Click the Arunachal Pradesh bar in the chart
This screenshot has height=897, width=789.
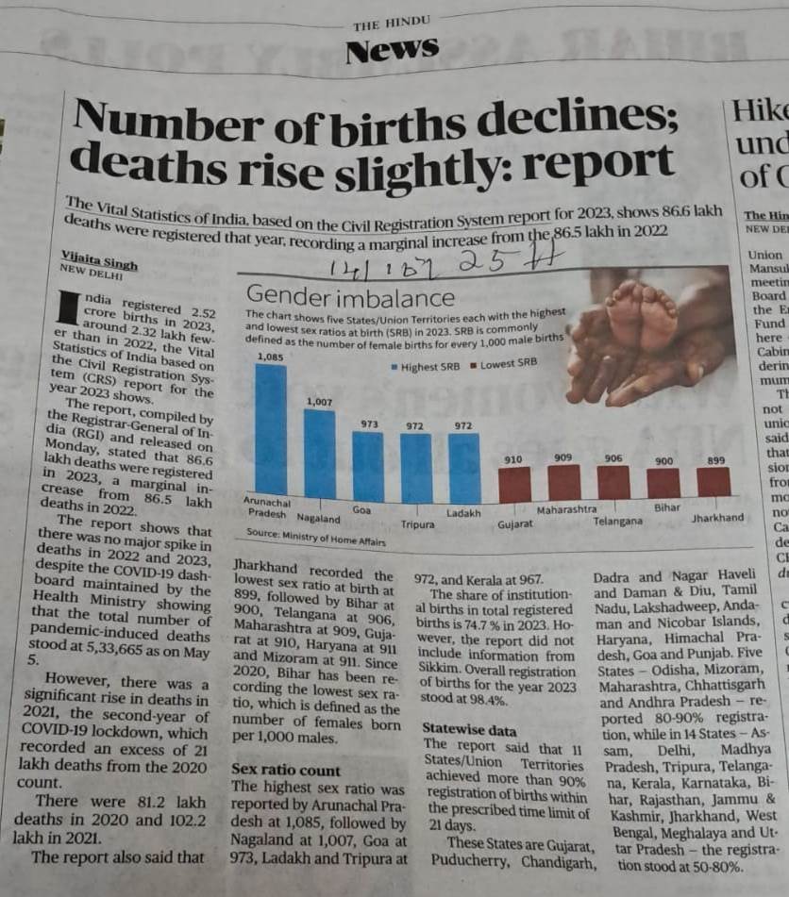pos(271,429)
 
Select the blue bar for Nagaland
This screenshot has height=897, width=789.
pos(319,453)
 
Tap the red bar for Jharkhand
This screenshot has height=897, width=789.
pos(713,482)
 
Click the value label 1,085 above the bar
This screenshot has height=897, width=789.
pos(270,357)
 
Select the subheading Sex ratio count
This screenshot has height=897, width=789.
pos(286,770)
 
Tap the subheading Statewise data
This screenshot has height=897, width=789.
pos(469,729)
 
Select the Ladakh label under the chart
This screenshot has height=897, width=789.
pos(462,513)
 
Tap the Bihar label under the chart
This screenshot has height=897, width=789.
pos(667,507)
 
